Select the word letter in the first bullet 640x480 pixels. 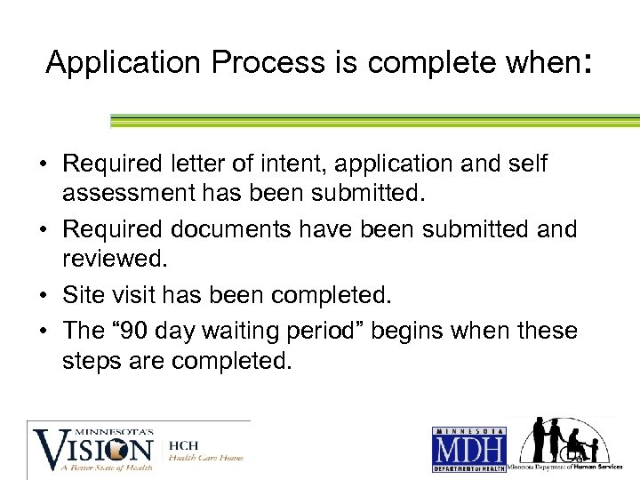(x=203, y=164)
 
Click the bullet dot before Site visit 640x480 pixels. (x=44, y=293)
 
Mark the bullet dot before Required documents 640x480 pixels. (x=44, y=230)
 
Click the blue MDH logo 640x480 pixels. (x=468, y=448)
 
